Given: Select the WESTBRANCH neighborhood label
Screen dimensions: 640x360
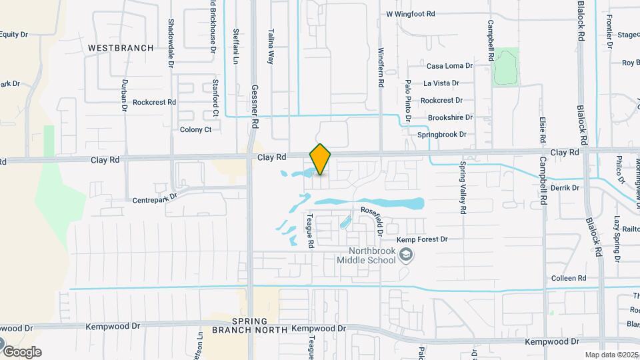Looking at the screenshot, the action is [121, 48].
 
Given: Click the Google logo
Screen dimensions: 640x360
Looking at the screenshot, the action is [21, 351].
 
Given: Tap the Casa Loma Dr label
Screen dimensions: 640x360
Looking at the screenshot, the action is [449, 66].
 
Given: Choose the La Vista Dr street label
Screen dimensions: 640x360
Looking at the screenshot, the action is [441, 83].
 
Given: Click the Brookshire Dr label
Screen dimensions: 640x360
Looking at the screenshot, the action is [450, 117].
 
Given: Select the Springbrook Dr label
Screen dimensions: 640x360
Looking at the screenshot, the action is [442, 134].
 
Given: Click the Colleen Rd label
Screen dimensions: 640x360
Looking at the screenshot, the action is [569, 278].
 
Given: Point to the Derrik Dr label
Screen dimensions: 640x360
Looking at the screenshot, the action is [565, 188].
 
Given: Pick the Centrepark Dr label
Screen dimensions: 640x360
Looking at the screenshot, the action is [155, 199].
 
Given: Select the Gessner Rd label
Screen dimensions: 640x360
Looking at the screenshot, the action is [254, 106].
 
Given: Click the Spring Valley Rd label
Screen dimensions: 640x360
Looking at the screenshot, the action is [461, 189].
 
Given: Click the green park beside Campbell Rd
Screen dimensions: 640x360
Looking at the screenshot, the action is [506, 67].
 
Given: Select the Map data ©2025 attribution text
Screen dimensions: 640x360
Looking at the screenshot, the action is [611, 355].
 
